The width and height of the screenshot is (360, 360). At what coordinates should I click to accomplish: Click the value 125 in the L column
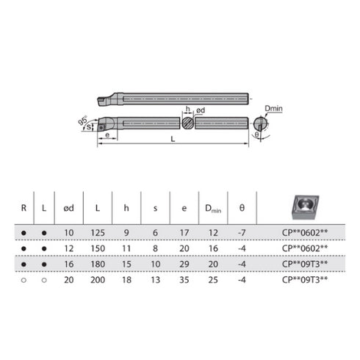coord(98,234)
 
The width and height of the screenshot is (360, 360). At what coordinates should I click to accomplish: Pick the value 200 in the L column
coord(98,280)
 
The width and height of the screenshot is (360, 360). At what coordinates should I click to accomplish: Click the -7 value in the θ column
coord(242,234)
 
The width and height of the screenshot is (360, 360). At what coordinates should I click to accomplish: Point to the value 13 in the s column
coord(156,280)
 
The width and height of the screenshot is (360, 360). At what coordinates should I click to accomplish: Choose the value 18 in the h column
coord(126,280)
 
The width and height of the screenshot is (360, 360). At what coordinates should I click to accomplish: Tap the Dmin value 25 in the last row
coord(212,280)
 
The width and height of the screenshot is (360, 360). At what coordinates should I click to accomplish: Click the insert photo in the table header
coord(304,208)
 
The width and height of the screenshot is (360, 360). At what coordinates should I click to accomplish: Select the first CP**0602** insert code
coord(304,234)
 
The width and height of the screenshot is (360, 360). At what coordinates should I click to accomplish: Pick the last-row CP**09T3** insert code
coord(304,280)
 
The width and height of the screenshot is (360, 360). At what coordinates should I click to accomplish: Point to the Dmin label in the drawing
coord(273,108)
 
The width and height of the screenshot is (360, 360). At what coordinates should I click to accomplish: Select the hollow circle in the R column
coord(24,280)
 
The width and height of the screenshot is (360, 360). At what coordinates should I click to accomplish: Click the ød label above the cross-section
coord(200,110)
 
